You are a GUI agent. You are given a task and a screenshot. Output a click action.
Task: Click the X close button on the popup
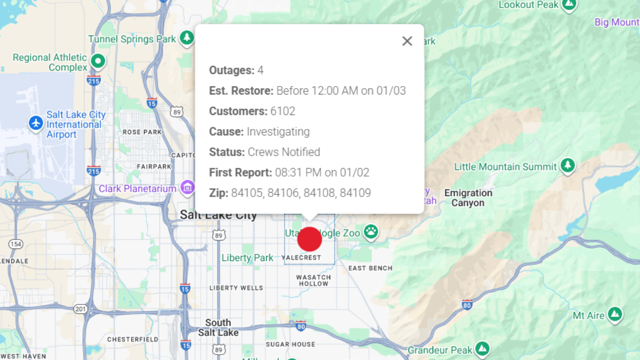click(x=407, y=41)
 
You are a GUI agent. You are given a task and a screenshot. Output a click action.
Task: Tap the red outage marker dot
click(x=309, y=239)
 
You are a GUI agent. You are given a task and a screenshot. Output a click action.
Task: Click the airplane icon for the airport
click(x=36, y=123)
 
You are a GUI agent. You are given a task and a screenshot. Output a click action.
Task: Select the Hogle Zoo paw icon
click(x=371, y=231)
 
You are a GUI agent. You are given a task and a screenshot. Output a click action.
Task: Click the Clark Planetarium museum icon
click(x=188, y=188)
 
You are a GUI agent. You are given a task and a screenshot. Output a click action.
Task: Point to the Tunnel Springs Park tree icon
click(x=187, y=37)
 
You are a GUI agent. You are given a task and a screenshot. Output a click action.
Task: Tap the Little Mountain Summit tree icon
click(x=567, y=165)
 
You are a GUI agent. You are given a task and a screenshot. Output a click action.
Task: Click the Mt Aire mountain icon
click(x=614, y=314)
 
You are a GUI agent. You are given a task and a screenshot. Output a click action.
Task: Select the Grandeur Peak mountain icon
click(x=482, y=349)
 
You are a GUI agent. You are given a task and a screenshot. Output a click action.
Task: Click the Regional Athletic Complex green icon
click(x=98, y=61)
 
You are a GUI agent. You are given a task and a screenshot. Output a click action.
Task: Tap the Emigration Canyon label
click(x=468, y=198)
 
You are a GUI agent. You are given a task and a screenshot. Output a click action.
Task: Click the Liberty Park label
click(x=247, y=258)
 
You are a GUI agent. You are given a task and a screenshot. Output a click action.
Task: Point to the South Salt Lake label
click(x=218, y=327)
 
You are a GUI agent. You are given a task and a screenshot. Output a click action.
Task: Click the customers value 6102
click(x=283, y=111)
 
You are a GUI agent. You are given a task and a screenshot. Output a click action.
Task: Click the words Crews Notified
click(x=284, y=152)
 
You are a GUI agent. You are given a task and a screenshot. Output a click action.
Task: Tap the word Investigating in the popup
click(x=278, y=131)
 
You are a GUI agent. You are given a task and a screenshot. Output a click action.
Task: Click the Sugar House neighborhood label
click(x=290, y=344)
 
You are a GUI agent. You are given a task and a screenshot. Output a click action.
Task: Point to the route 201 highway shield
click(x=80, y=309)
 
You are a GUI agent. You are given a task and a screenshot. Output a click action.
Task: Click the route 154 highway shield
click(x=15, y=244)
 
